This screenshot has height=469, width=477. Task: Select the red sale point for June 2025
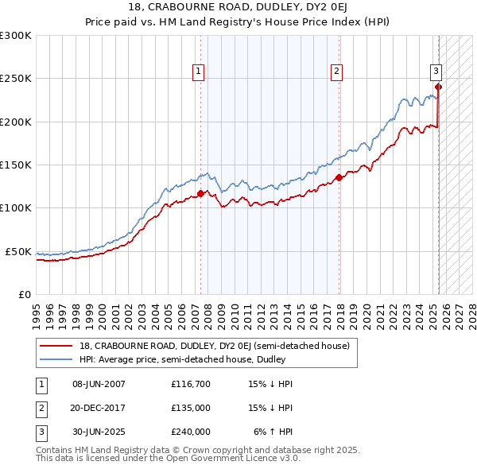[438, 87]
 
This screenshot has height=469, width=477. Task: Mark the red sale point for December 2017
[339, 177]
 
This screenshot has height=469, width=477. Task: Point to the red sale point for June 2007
[200, 193]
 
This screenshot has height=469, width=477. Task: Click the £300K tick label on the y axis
[16, 36]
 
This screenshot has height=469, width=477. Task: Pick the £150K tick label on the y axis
[16, 165]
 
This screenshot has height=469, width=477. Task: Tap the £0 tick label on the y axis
[24, 294]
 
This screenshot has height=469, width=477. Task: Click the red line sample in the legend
[57, 346]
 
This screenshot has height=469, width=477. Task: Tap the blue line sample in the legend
[57, 359]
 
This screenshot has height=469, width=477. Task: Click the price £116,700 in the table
[191, 385]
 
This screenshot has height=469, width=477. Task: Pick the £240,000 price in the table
[191, 432]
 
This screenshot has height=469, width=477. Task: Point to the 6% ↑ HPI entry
[273, 432]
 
